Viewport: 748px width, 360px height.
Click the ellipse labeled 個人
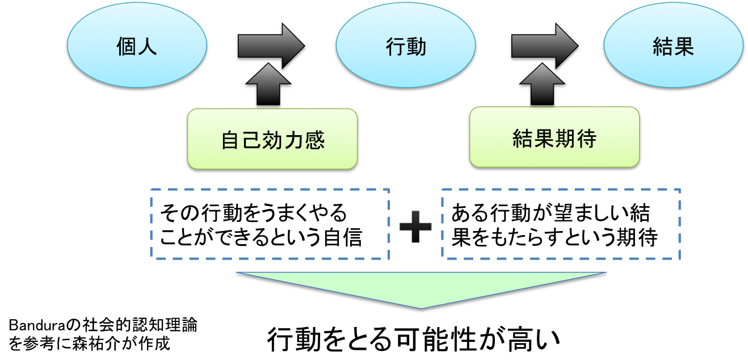(136, 47)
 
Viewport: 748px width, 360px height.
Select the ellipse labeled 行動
(405, 47)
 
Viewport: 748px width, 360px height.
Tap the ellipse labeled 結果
(673, 47)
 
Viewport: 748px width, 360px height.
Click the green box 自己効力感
(272, 139)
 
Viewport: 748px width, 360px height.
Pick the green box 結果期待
(554, 137)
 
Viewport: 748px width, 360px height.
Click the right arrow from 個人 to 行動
(271, 45)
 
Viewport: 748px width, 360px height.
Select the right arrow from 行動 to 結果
(544, 45)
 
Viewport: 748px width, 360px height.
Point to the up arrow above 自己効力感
(264, 84)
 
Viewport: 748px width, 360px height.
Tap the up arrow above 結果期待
(541, 84)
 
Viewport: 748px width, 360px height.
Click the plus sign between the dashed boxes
(415, 226)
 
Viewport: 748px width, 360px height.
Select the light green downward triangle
(421, 287)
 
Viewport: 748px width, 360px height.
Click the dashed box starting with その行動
(270, 224)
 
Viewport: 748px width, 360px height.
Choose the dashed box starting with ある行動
(561, 224)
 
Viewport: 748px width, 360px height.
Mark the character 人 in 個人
(147, 47)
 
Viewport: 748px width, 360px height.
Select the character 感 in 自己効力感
(314, 140)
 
